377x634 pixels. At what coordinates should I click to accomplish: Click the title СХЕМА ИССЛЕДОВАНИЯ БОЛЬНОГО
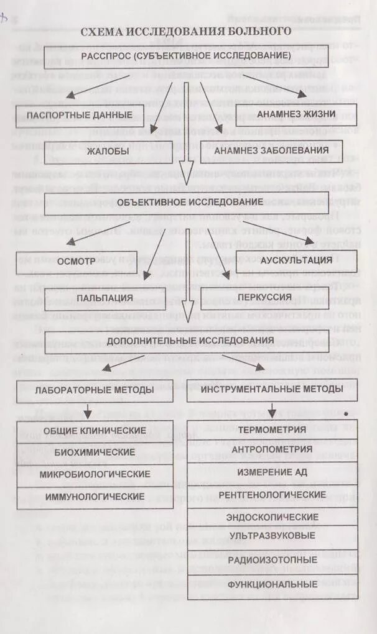coord(187,31)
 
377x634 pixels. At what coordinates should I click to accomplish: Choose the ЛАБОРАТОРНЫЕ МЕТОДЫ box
coord(95,390)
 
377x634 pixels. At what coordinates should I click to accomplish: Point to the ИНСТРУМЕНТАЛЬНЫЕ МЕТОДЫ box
coord(272,389)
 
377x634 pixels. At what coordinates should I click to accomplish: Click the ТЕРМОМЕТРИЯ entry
coord(272,430)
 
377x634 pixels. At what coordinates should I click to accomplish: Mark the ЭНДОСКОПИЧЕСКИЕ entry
coord(272,517)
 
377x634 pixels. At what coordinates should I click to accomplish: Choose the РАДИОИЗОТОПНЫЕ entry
coord(272,560)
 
